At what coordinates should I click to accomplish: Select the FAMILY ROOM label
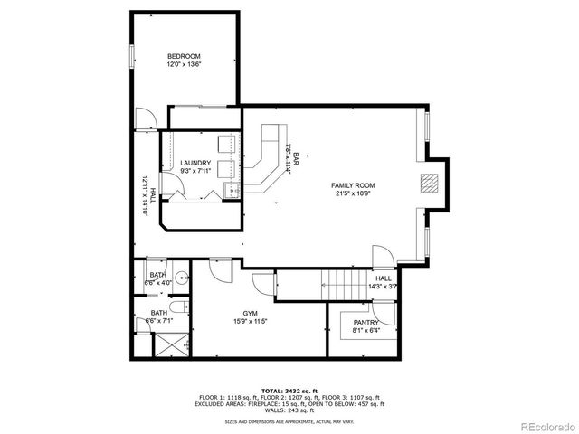tap(352, 185)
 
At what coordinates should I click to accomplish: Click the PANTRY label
tap(365, 323)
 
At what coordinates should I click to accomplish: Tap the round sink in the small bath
tap(181, 278)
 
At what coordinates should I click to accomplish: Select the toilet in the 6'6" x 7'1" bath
tap(148, 321)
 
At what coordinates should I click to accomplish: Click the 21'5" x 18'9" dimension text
tap(352, 193)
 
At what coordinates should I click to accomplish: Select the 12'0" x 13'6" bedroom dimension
tap(184, 64)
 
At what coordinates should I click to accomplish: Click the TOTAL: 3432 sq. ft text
tap(289, 390)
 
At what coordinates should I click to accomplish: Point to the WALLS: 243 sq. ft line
tap(289, 410)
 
